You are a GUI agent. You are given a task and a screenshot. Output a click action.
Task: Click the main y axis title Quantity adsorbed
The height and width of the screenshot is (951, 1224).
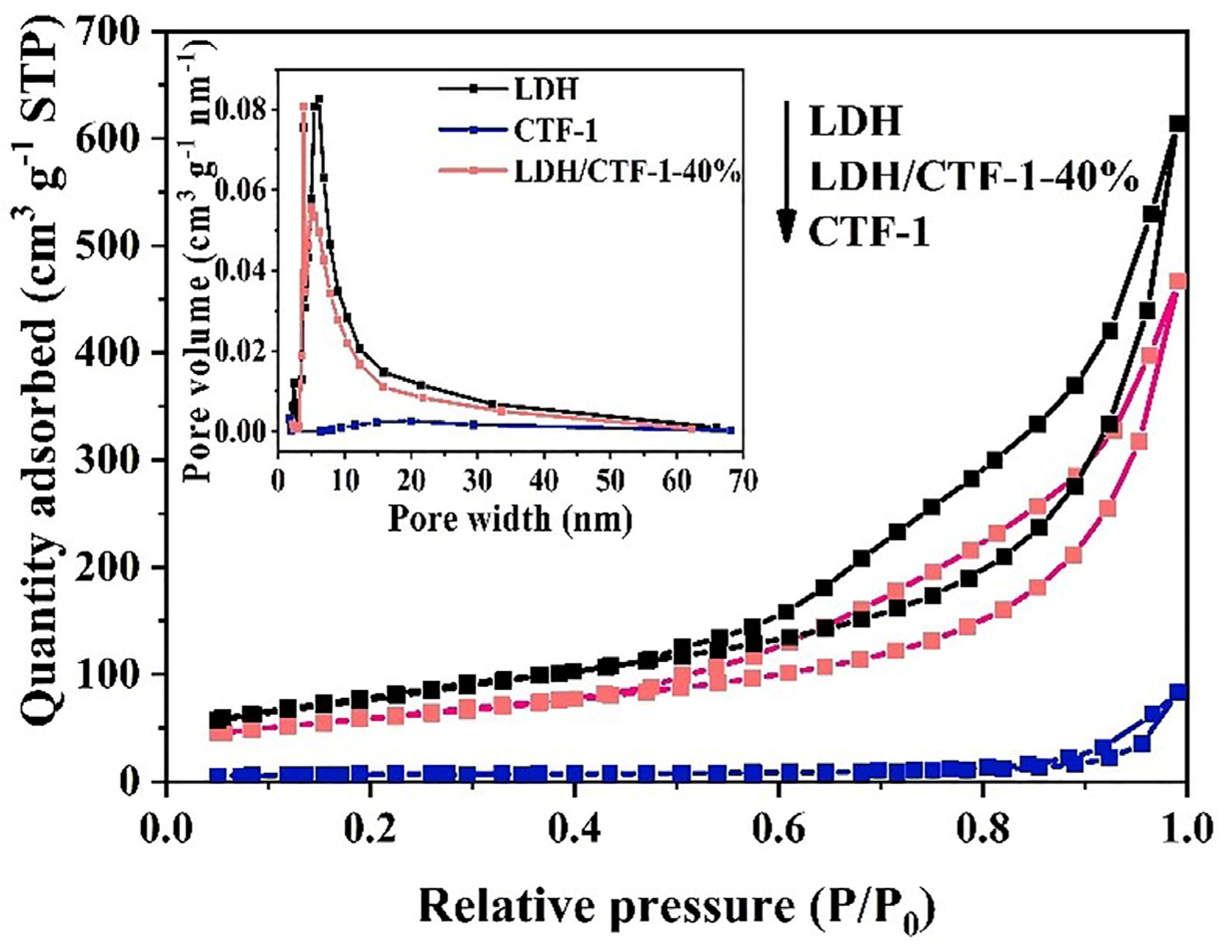(x=42, y=392)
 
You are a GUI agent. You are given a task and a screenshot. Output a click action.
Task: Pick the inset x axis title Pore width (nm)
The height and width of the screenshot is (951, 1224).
(x=510, y=518)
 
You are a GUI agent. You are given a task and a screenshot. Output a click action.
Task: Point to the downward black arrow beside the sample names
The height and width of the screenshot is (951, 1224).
(x=786, y=173)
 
